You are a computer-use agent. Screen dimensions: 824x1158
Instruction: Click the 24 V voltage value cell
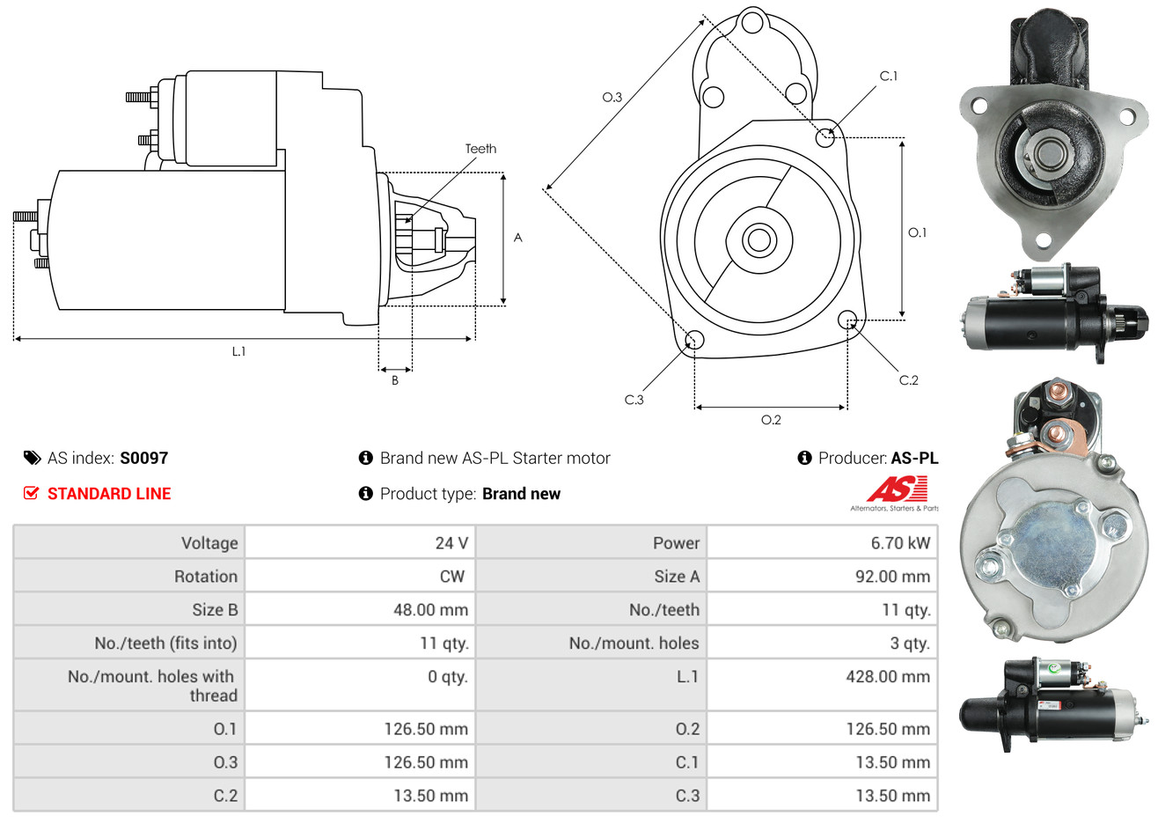click(x=451, y=543)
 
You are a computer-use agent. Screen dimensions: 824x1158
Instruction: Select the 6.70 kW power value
click(x=899, y=543)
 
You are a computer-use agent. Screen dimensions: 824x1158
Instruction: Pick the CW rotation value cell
click(x=451, y=577)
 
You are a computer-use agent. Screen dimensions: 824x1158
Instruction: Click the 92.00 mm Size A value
click(x=891, y=577)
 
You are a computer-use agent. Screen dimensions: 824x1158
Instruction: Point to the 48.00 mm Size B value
click(x=430, y=610)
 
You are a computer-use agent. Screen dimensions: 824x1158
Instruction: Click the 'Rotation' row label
click(x=205, y=577)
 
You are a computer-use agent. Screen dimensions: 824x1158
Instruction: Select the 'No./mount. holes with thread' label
click(x=152, y=686)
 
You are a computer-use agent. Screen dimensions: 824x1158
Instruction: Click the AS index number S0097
click(x=143, y=458)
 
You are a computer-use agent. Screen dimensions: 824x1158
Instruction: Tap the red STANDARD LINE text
click(x=109, y=494)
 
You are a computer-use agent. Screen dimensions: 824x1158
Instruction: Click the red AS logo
click(x=896, y=489)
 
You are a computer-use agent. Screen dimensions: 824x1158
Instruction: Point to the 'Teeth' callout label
click(x=480, y=149)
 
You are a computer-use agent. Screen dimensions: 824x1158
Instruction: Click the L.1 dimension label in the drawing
click(x=238, y=351)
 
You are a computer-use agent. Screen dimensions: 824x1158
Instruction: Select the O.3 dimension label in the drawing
click(x=612, y=97)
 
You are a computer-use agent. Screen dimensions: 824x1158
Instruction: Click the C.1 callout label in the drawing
click(x=889, y=76)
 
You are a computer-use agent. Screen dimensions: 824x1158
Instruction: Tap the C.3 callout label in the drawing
click(x=634, y=400)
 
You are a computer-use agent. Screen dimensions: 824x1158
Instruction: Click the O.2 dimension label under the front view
click(x=771, y=420)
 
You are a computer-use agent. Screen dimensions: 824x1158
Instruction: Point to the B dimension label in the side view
click(x=395, y=380)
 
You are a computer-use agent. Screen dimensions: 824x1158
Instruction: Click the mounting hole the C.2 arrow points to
click(x=847, y=319)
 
